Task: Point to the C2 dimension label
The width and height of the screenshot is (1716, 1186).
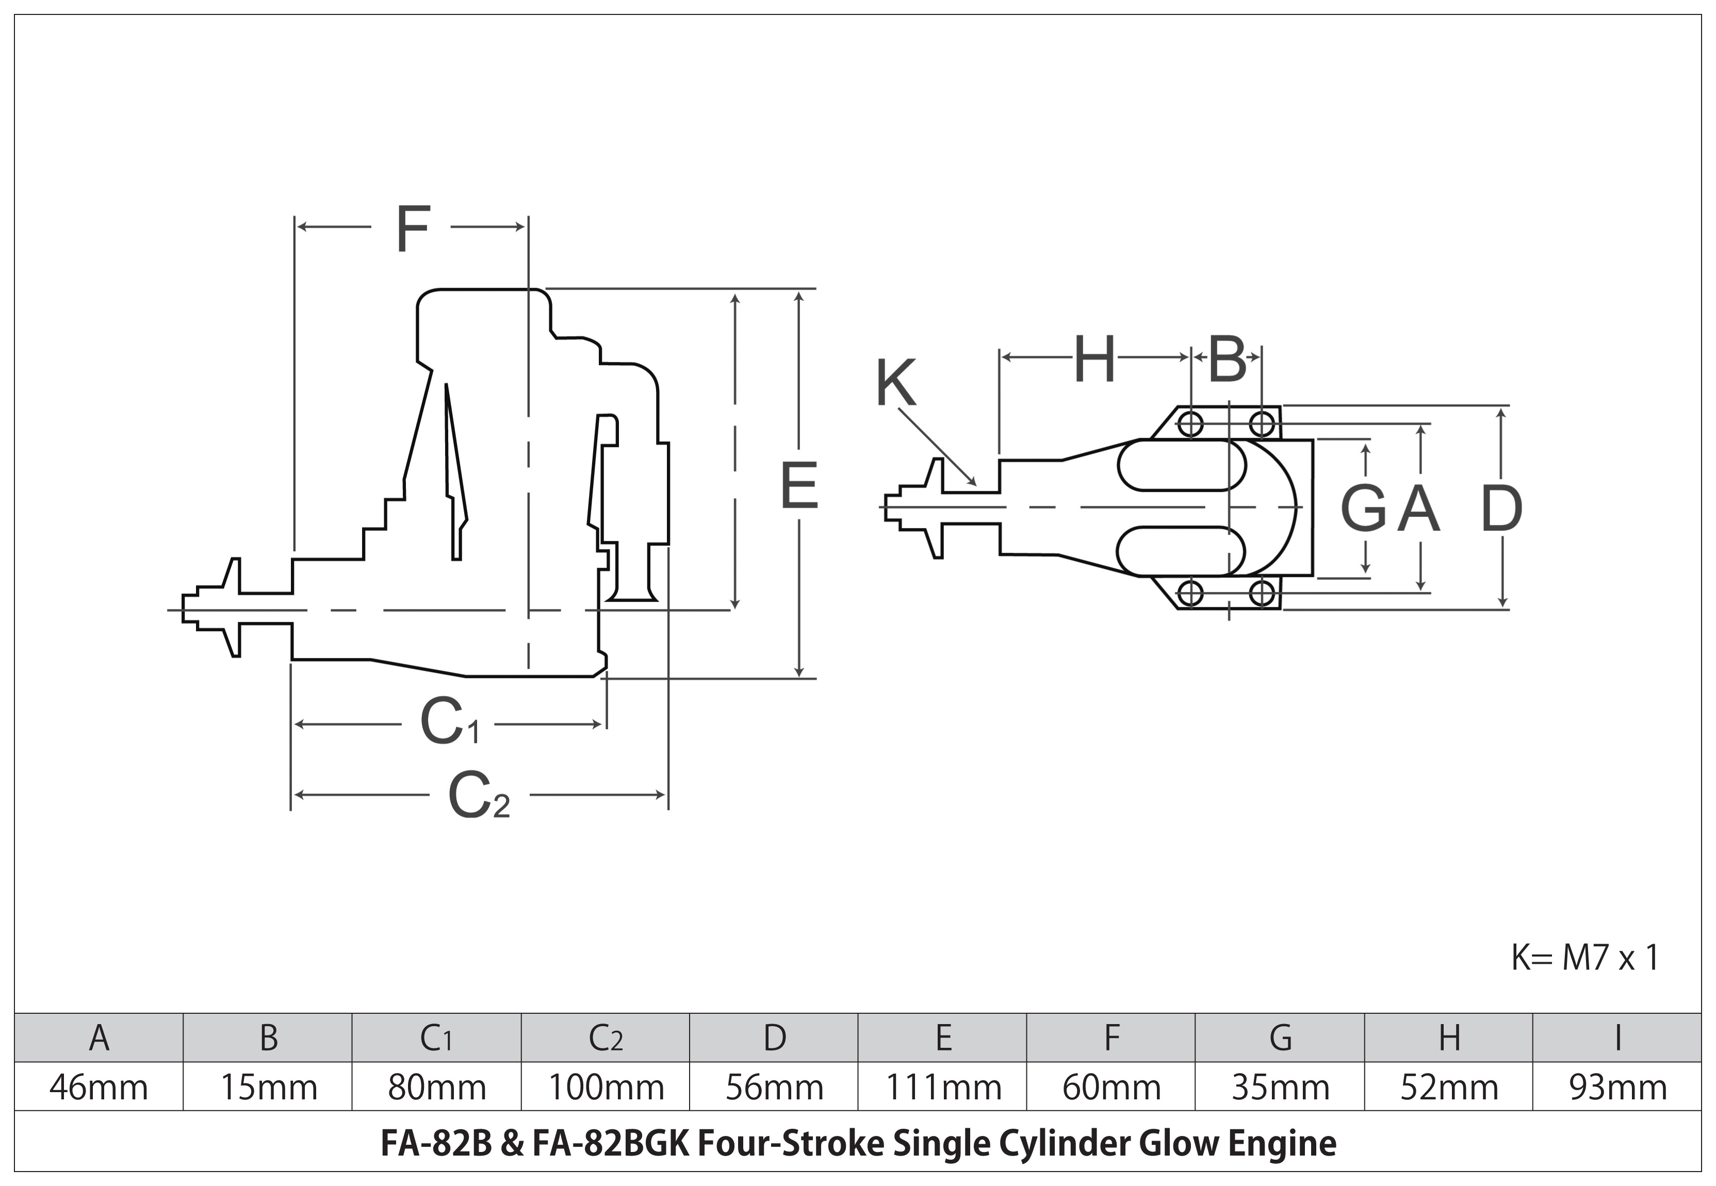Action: pos(479,796)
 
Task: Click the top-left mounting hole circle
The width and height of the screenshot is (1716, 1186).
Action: pos(1190,424)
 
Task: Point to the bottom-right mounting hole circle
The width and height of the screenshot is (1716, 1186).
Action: pos(1262,593)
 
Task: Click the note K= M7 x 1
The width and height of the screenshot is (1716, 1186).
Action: pos(1585,958)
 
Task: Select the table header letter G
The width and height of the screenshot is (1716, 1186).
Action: pos(1280,1038)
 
